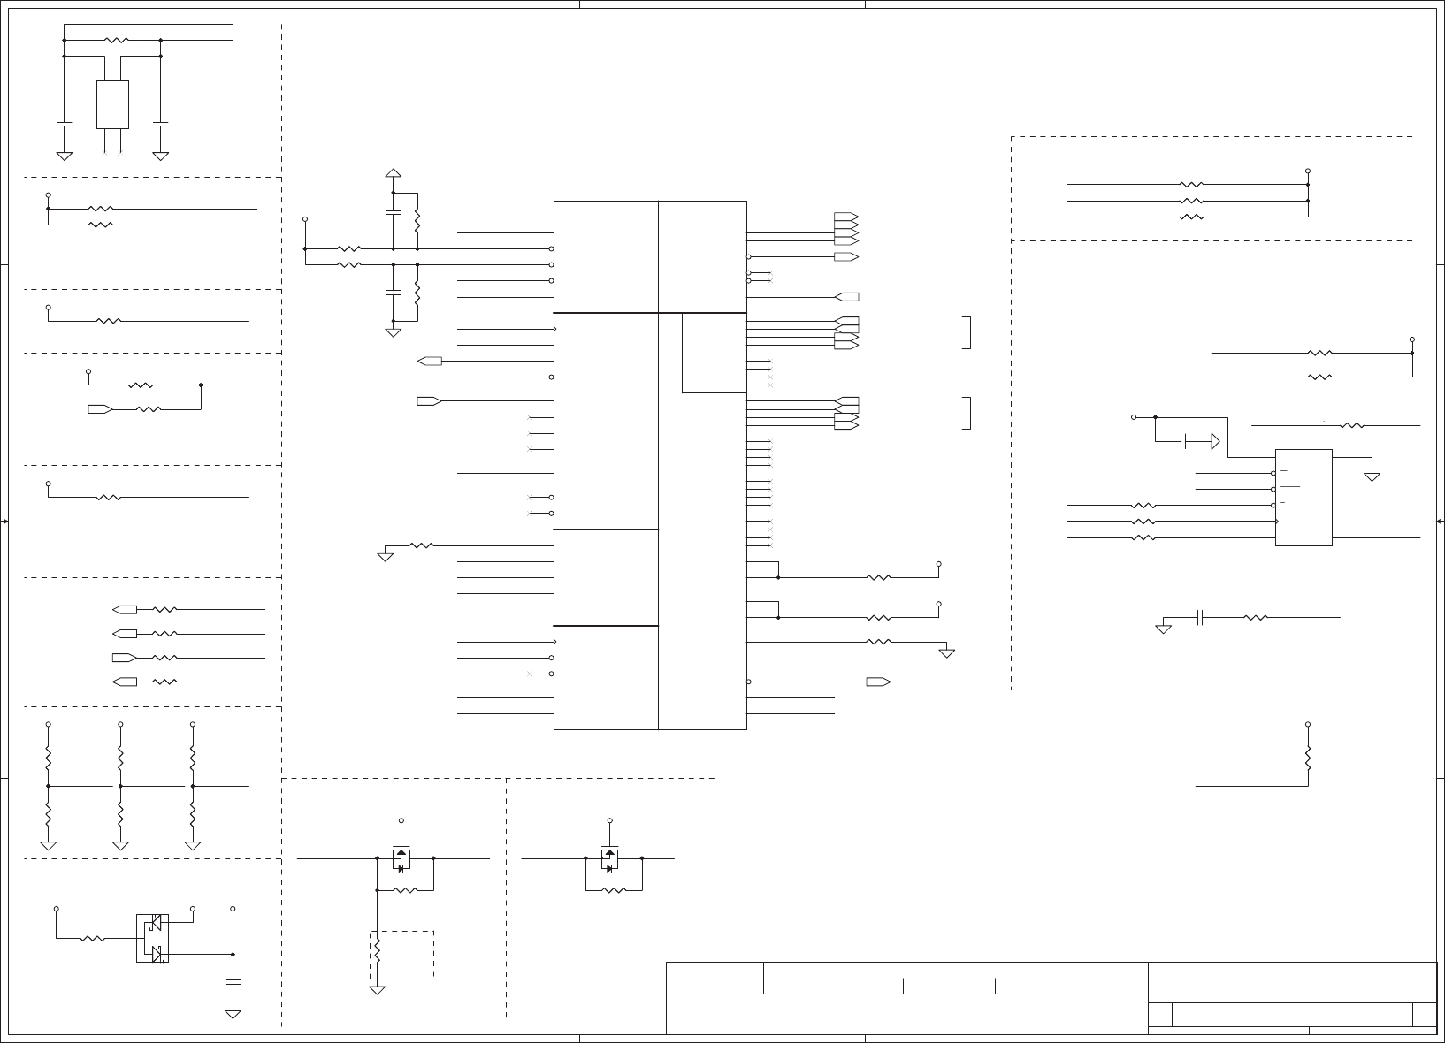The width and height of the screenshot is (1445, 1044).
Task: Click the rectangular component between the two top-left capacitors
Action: pyautogui.click(x=112, y=104)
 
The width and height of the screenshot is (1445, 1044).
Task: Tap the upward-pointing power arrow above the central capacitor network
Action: pyautogui.click(x=394, y=172)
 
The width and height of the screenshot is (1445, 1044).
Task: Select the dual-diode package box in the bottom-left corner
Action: pyautogui.click(x=152, y=938)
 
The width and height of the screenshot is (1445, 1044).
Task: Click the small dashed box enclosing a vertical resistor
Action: pyautogui.click(x=401, y=955)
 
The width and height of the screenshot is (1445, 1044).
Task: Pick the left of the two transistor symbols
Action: pyautogui.click(x=401, y=859)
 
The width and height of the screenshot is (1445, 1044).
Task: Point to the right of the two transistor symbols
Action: pyautogui.click(x=609, y=859)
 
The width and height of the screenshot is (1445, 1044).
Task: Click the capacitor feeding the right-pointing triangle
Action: pyautogui.click(x=1183, y=441)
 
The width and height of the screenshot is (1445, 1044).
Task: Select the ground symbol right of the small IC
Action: pyautogui.click(x=1372, y=476)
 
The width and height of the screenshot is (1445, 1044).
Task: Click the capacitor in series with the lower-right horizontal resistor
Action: pyautogui.click(x=1200, y=618)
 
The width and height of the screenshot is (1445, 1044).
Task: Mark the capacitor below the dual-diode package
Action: pyautogui.click(x=233, y=981)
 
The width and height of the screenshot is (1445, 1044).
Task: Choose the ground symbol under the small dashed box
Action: pyautogui.click(x=377, y=990)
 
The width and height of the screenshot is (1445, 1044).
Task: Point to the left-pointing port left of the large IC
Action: pyautogui.click(x=430, y=361)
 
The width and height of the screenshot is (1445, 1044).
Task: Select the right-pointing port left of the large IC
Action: pyautogui.click(x=430, y=401)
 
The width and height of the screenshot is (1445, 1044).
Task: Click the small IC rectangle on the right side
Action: pyautogui.click(x=1304, y=498)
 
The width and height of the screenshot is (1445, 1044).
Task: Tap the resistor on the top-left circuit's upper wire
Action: pyautogui.click(x=117, y=41)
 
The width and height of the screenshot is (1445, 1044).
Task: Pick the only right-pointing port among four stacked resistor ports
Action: pyautogui.click(x=125, y=658)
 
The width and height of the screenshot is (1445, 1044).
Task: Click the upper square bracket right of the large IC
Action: pyautogui.click(x=967, y=332)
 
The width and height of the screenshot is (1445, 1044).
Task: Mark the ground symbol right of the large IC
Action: pyautogui.click(x=946, y=653)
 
